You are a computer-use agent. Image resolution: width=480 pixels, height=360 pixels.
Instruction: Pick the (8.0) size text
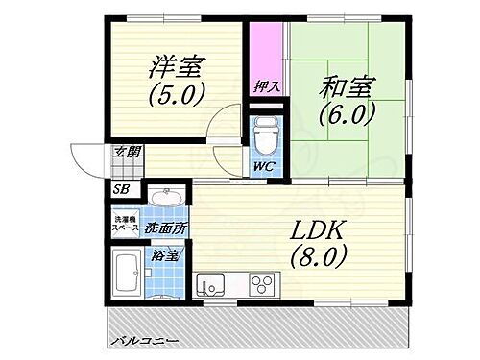pyautogui.click(x=311, y=256)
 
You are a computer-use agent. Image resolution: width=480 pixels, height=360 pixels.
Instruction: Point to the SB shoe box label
pyautogui.click(x=122, y=189)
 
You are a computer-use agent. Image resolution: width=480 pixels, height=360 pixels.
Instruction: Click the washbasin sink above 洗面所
pyautogui.click(x=166, y=199)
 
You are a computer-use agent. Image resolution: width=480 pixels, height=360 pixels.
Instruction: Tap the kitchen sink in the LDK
pyautogui.click(x=210, y=285)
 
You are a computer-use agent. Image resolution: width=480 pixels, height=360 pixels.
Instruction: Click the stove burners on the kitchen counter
pyautogui.click(x=262, y=285)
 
